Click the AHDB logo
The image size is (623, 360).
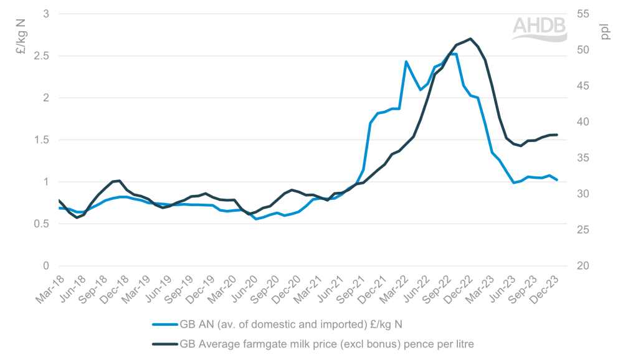[x=540, y=28]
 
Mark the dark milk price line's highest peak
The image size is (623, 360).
[x=470, y=39]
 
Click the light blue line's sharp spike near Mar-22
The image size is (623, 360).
[x=406, y=62]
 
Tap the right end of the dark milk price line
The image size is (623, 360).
[x=556, y=135]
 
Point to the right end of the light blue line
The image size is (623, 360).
[x=556, y=180]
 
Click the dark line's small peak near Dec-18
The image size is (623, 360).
[x=119, y=181]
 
